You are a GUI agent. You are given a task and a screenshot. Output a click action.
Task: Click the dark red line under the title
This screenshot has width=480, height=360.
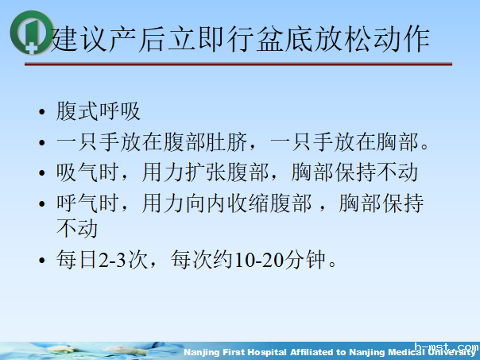[238, 64]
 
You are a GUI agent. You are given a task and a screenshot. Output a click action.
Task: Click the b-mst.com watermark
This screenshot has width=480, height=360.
[451, 348]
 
